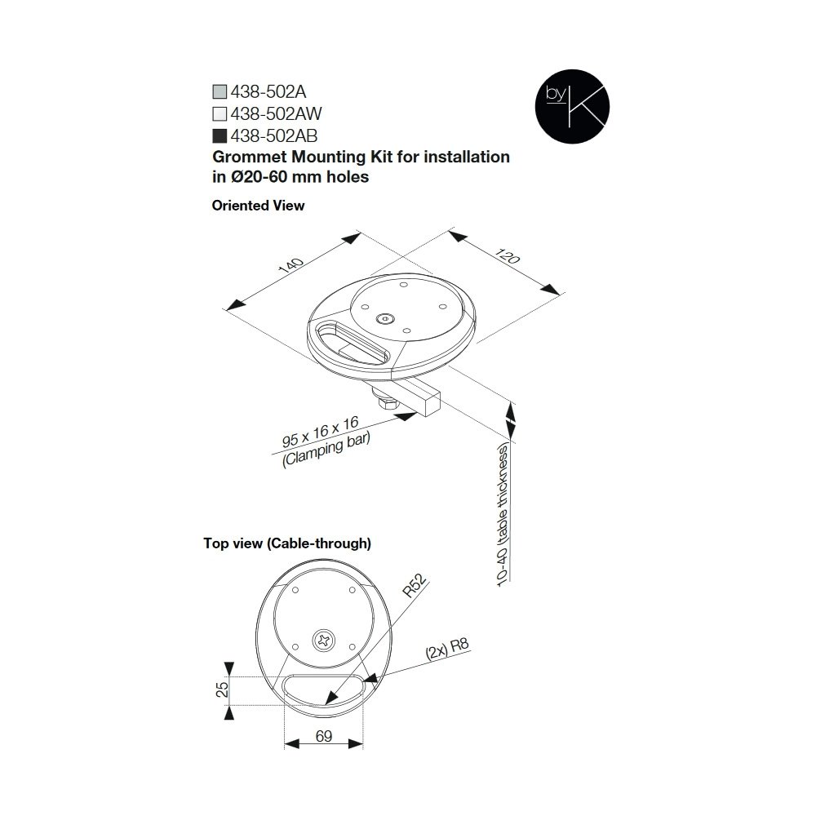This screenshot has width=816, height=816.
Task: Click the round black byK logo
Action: (x=572, y=106)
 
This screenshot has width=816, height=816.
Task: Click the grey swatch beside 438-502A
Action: (x=220, y=91)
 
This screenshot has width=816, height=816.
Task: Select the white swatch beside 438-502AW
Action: (x=220, y=113)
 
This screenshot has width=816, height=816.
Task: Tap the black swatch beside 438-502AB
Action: (x=220, y=135)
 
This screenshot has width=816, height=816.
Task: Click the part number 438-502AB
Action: (x=274, y=135)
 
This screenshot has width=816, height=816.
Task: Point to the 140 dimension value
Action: (x=290, y=265)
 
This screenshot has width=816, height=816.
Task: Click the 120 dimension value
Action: (x=508, y=256)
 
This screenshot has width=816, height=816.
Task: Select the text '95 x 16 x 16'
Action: (x=321, y=432)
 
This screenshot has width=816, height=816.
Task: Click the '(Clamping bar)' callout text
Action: (x=326, y=450)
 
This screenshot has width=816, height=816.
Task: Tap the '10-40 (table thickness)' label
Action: (x=503, y=515)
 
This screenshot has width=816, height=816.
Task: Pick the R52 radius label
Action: (x=415, y=585)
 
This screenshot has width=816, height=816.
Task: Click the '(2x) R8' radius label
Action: (x=447, y=649)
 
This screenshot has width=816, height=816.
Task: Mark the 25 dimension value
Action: (x=222, y=690)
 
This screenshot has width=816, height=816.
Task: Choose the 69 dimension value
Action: (x=324, y=736)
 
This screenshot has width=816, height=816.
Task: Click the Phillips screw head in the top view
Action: (x=324, y=640)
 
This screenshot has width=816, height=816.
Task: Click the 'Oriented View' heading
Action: (x=258, y=206)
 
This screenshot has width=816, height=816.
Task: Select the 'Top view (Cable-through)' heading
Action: (x=287, y=543)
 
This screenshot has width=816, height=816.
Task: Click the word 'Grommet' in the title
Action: (x=250, y=157)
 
